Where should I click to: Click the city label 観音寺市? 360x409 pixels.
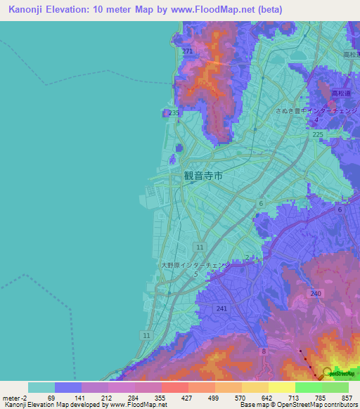(203, 176)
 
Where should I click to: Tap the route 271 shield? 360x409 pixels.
(186, 52)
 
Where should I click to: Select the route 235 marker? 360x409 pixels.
(174, 112)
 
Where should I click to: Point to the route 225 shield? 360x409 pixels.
(317, 134)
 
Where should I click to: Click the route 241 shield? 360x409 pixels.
(222, 308)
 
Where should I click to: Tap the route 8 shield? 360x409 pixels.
(264, 351)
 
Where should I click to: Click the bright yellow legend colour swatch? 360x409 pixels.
(281, 387)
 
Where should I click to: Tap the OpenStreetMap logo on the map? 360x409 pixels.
(338, 373)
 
